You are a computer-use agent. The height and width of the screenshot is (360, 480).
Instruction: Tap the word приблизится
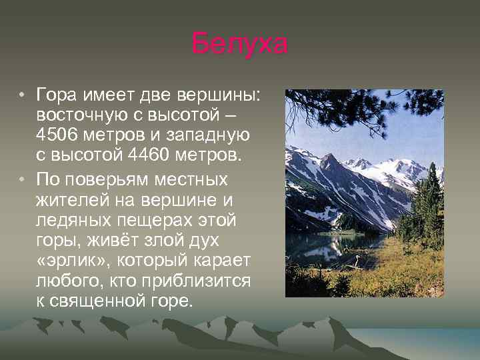click(195, 281)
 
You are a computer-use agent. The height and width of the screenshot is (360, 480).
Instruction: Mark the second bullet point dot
click(23, 179)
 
